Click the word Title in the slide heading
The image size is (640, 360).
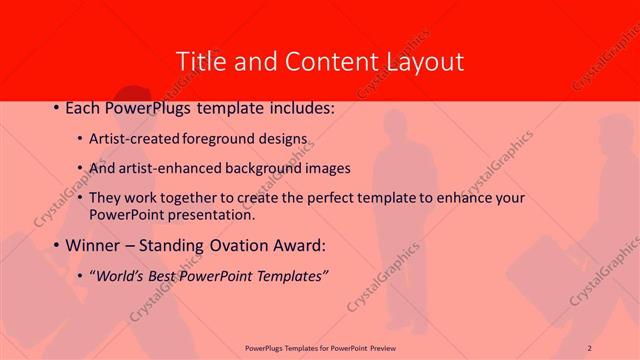(x=200, y=61)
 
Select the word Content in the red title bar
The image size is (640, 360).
(x=324, y=61)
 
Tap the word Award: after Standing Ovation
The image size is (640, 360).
(x=297, y=245)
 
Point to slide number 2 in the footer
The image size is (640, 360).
(x=590, y=347)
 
